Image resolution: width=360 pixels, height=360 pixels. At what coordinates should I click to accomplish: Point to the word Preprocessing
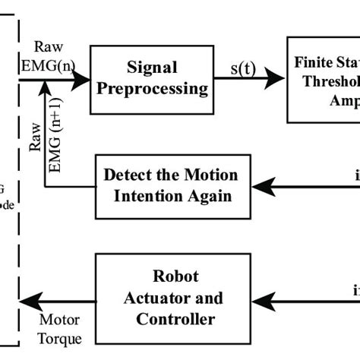(x=149, y=88)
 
